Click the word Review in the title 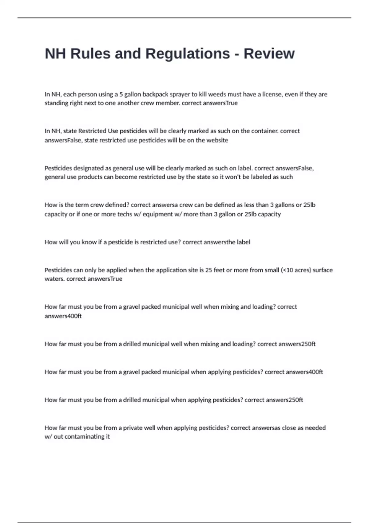[x=269, y=54]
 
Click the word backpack [x=154, y=94]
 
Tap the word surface [x=323, y=270]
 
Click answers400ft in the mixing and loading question [x=63, y=316]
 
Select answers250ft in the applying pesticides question [x=284, y=400]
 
